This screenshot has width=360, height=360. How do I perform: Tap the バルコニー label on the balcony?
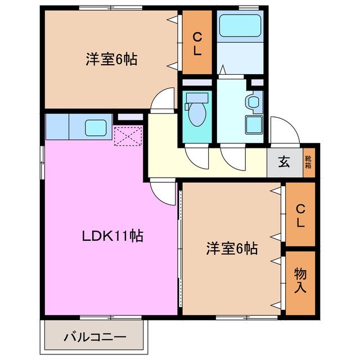point(94,337)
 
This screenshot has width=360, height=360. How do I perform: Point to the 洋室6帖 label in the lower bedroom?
point(232,248)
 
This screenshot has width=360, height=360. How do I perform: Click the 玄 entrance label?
point(284,164)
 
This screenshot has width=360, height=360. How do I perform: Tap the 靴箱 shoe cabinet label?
point(309,164)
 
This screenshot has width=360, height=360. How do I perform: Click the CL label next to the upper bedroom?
point(197,43)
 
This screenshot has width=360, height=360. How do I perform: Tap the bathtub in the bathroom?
point(240,26)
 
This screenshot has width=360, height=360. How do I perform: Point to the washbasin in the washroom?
point(254,103)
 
